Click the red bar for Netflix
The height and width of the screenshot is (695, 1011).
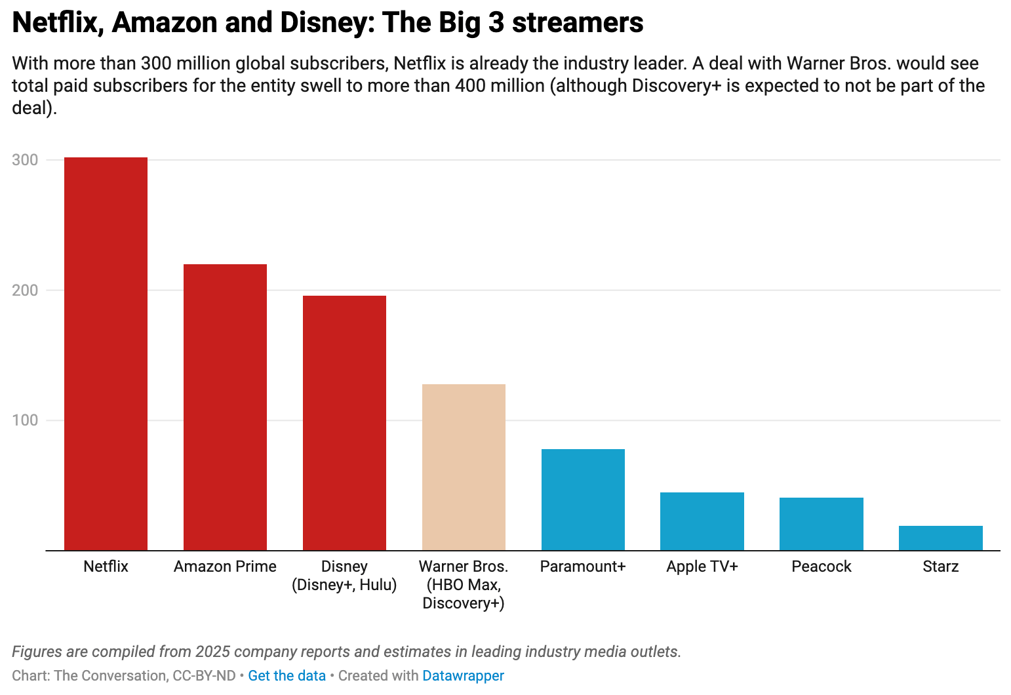click(x=106, y=354)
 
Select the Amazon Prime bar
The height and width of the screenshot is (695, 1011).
click(x=225, y=407)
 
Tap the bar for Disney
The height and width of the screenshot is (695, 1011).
click(x=344, y=423)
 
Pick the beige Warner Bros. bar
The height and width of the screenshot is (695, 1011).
click(x=464, y=467)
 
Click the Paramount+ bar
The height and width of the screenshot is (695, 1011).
click(x=583, y=500)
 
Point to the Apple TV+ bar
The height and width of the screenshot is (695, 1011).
click(x=702, y=521)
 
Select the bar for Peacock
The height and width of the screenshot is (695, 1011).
click(x=821, y=524)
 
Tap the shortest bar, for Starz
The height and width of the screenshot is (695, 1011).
click(x=940, y=538)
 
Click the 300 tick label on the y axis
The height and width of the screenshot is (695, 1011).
click(x=25, y=160)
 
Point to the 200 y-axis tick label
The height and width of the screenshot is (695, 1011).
click(x=25, y=290)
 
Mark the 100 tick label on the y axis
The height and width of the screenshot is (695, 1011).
click(x=25, y=420)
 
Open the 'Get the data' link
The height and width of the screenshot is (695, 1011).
click(x=287, y=675)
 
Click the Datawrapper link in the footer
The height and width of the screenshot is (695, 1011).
click(x=463, y=675)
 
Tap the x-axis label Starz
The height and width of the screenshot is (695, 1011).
click(x=940, y=566)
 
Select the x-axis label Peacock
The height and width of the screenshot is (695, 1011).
click(x=821, y=566)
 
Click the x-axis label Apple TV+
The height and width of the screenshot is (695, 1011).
click(x=702, y=566)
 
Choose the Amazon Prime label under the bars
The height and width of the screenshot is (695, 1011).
click(x=225, y=566)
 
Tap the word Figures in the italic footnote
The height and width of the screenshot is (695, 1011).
click(x=37, y=652)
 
